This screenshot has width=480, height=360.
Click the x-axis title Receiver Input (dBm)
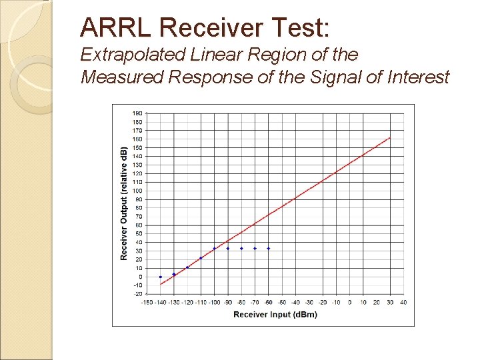275,314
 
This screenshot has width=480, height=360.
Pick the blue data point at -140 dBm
161,277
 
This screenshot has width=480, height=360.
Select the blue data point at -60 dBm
269,248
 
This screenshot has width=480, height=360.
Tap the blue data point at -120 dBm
187,267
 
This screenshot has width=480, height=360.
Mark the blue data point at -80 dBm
241,248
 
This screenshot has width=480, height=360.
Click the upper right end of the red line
390,138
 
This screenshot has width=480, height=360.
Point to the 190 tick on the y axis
137,113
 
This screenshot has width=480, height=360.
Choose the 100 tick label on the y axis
137,191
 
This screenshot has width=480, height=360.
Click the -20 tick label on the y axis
137,294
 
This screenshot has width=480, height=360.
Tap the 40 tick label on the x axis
403,302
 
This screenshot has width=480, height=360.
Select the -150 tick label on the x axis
147,302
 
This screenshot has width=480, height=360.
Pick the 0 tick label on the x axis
349,302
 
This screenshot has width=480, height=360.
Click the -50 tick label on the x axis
281,302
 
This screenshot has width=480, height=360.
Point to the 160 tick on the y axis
137,139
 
